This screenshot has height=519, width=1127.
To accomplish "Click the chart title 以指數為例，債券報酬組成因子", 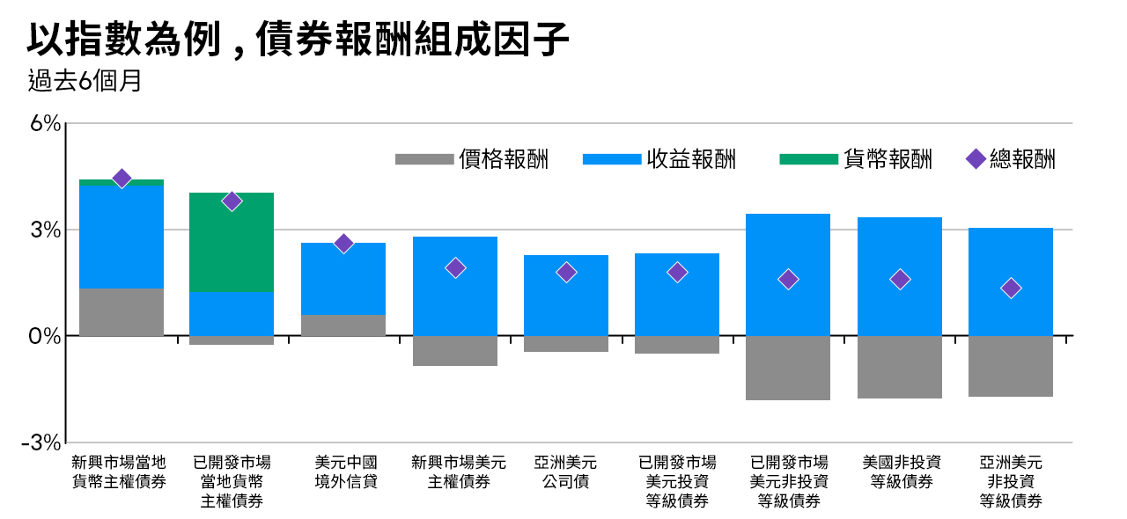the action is tap(298, 40).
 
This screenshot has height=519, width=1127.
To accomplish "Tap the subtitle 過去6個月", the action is tap(85, 80).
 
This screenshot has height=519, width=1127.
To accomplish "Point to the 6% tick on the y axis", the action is tap(45, 123).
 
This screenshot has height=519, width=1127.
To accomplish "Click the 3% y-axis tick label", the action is tap(45, 230).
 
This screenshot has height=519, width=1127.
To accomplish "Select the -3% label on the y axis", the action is tap(41, 443).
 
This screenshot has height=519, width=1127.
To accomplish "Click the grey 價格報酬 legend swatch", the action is tap(424, 159).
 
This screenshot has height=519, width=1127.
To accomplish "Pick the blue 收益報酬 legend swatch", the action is tap(612, 159).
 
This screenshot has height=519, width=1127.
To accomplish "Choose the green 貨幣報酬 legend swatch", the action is tap(808, 159).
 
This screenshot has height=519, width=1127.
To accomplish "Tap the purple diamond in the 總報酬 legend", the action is tap(976, 159).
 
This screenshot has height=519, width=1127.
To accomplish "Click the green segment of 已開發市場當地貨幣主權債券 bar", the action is tap(232, 243).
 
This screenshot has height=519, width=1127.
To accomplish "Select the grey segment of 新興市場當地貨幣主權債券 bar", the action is tap(122, 312).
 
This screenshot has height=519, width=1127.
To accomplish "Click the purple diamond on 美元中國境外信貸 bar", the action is tap(343, 244).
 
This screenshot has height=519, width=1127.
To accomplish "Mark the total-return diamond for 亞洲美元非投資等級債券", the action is tap(1011, 289).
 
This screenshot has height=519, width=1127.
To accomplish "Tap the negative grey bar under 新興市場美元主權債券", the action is tap(455, 350).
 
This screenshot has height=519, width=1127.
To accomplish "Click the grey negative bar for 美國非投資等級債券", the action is tap(900, 367).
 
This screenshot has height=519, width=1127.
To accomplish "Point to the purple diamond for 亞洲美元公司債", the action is tap(566, 272).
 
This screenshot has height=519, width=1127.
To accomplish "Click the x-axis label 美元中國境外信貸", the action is tap(346, 471).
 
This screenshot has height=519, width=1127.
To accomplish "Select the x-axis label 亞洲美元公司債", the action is tap(565, 471).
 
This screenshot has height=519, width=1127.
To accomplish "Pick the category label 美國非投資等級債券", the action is tap(902, 471).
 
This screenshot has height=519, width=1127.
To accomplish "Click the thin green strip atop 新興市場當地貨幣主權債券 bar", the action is tap(122, 183).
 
